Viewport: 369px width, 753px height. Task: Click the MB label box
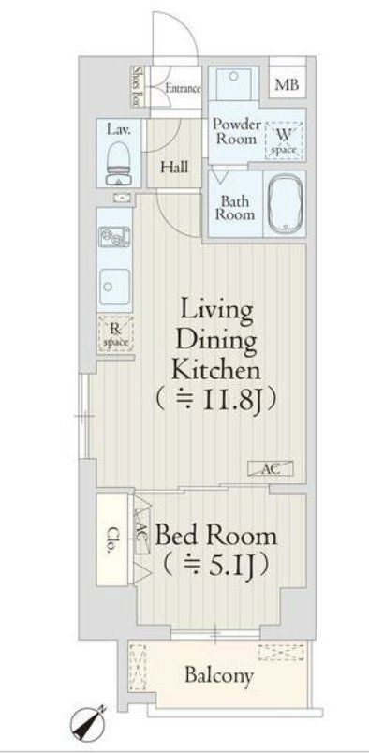(286, 85)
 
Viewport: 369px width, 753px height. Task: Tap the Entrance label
(183, 89)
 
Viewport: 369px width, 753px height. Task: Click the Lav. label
(118, 131)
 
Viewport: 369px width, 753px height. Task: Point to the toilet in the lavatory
(118, 169)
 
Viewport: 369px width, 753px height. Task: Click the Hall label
(173, 168)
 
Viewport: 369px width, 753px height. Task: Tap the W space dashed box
(283, 140)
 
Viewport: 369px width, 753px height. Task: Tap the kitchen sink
(115, 282)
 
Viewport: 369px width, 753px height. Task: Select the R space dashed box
(115, 334)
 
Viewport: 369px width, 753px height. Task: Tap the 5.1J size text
(218, 566)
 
